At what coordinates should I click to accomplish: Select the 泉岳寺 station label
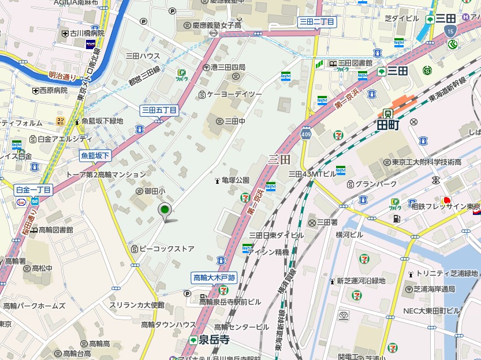[x=214, y=340]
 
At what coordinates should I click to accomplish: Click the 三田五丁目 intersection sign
[x=159, y=110]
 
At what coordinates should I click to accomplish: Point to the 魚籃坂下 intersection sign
[x=95, y=155]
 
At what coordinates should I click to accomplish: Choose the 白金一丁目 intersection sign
[x=33, y=190]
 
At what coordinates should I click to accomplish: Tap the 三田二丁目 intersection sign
[x=316, y=21]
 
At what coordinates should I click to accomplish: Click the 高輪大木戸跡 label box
[x=214, y=278]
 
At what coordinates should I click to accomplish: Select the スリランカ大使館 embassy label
[x=136, y=305]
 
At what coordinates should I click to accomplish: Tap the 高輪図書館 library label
[x=55, y=229]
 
